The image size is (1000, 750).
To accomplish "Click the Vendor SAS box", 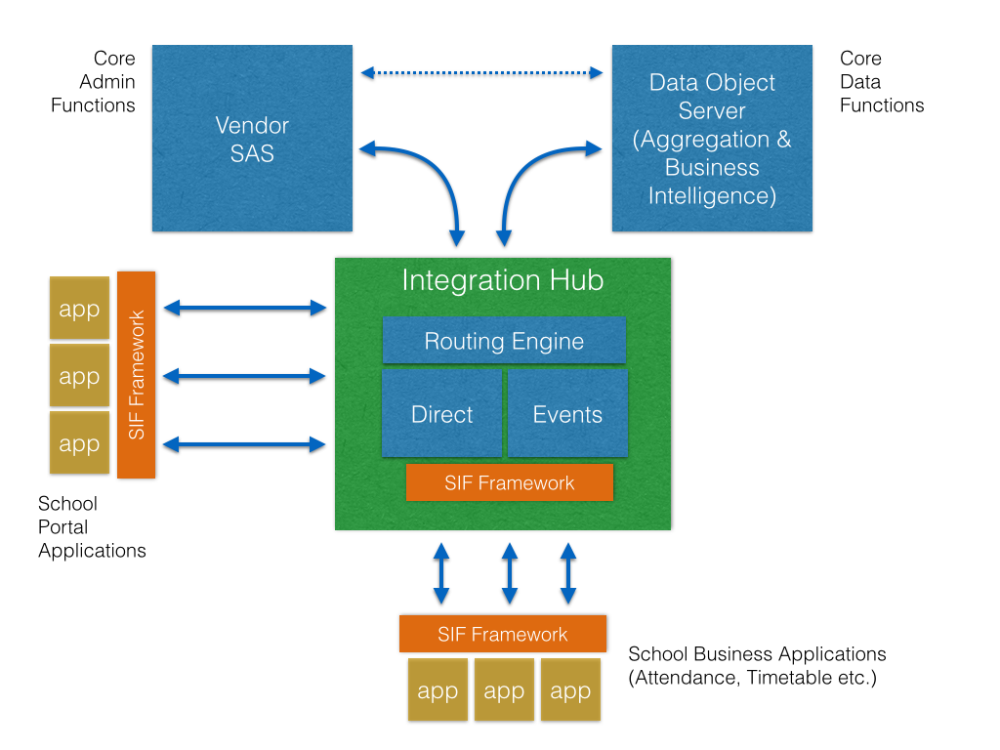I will click(252, 138).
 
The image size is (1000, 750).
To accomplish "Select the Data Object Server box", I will click(712, 138).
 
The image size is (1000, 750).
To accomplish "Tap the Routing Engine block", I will click(504, 341).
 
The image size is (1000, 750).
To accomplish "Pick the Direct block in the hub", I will click(441, 413).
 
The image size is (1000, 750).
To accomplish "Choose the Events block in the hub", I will click(567, 413).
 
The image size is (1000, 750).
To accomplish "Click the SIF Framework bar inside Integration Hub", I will click(509, 482).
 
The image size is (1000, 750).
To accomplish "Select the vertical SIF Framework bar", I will click(137, 374).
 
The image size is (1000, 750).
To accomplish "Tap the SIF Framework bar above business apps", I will click(502, 634).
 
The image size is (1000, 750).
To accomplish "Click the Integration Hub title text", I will click(503, 281).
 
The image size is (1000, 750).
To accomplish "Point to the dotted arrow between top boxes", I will click(481, 72).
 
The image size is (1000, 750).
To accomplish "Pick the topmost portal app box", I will click(79, 309).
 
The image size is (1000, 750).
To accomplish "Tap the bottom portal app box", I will click(79, 442).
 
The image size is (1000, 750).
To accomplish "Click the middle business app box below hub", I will click(504, 690).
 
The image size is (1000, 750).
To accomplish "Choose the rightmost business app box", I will click(570, 690).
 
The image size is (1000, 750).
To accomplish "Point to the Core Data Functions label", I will click(881, 82).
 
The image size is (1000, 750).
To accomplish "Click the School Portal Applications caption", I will click(92, 527).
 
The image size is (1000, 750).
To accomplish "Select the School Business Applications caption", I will click(757, 665).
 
